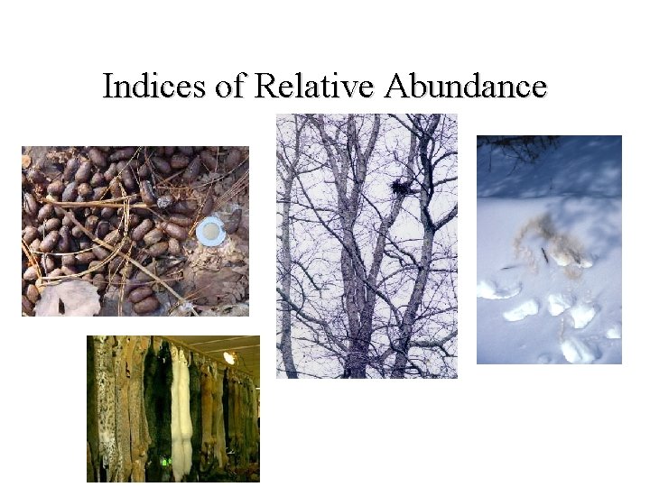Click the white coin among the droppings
click(210, 231)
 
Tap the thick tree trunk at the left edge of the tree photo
click(287, 253)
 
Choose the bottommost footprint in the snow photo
click(578, 348)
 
